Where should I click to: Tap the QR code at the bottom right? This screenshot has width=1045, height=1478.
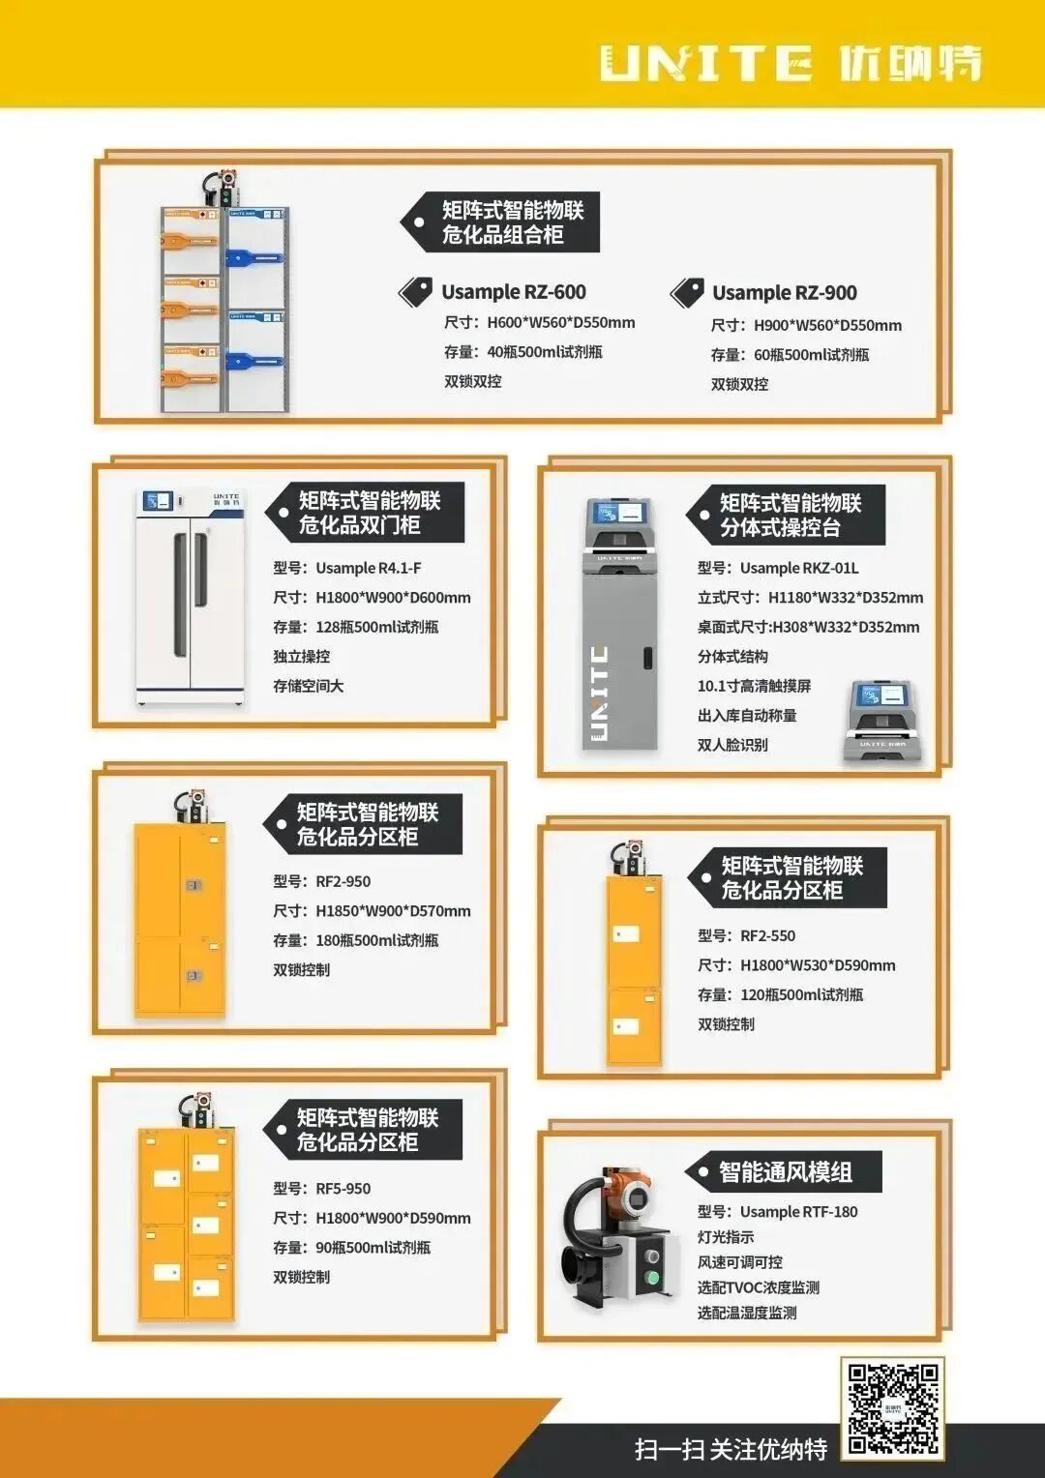coord(892,1407)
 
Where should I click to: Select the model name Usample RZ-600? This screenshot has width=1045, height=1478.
coord(513,292)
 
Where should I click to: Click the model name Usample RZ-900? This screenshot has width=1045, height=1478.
coord(784,293)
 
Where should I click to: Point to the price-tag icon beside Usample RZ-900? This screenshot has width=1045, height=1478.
coord(687,292)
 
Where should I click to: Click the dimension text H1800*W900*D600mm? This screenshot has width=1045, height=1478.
coord(393,598)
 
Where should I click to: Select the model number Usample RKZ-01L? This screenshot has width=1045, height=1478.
coord(798,568)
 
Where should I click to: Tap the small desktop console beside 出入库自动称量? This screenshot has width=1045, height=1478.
coord(881,721)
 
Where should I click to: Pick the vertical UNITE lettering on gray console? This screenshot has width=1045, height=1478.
coord(599,693)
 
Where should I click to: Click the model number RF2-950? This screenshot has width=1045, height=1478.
coord(343,881)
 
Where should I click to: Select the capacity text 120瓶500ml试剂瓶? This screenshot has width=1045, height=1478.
coord(801,994)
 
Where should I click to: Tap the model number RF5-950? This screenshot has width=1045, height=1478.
coord(343,1189)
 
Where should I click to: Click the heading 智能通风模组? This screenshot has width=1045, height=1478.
coord(785,1172)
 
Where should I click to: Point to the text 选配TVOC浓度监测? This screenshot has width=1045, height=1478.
coord(758,1287)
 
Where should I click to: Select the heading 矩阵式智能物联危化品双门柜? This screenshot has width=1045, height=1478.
coord(369,513)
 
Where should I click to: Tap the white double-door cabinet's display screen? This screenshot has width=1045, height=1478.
coord(157,501)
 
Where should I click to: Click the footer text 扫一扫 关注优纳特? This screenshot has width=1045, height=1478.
coord(731,1449)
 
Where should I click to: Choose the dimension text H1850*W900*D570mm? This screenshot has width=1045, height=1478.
coord(393,911)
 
